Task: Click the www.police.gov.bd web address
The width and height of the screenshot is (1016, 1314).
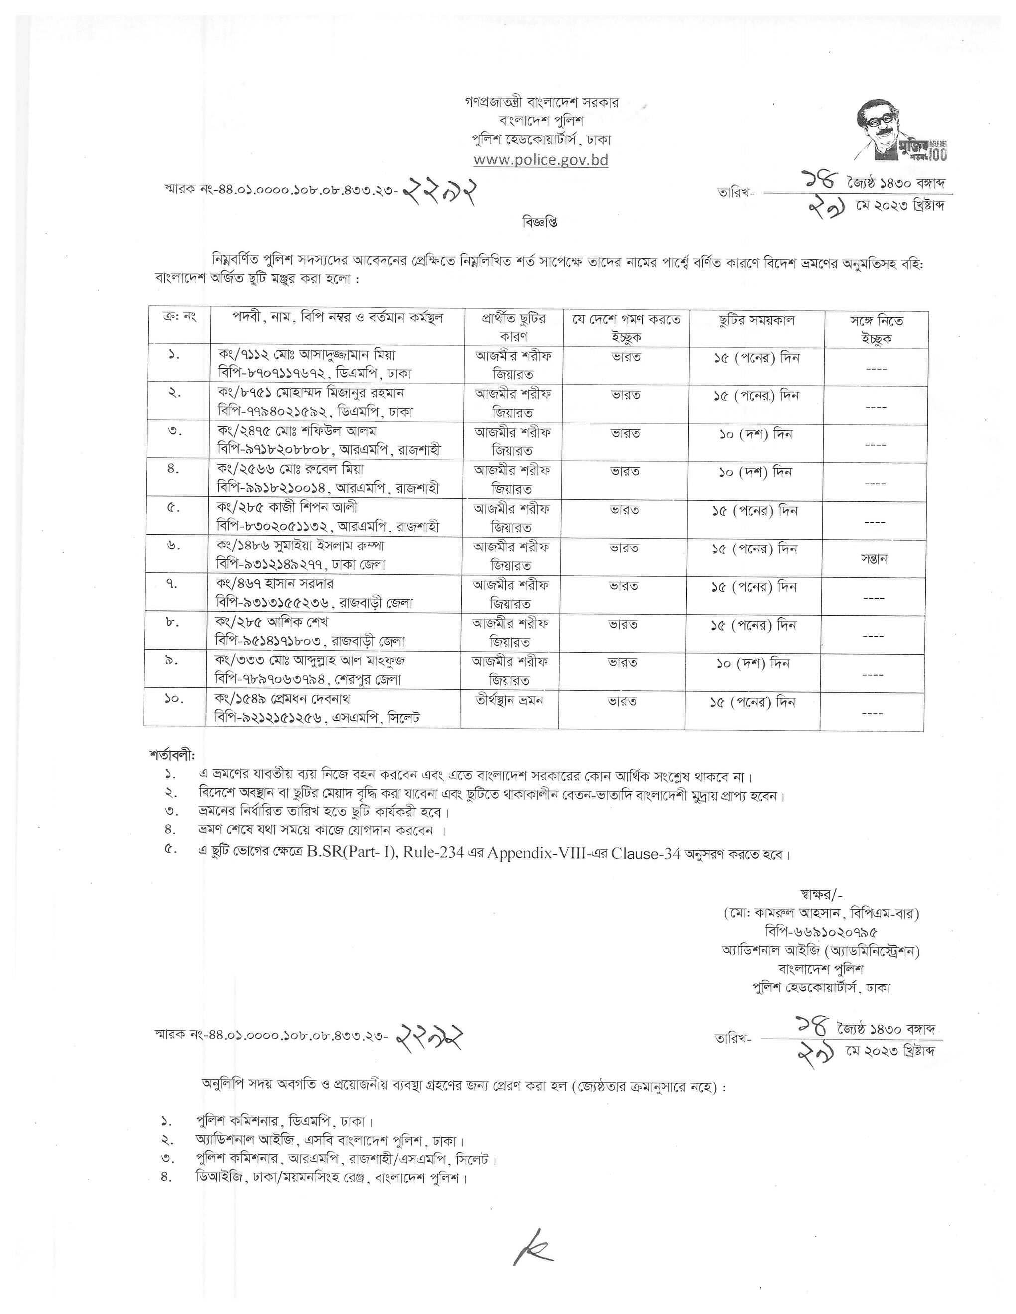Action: [x=540, y=159]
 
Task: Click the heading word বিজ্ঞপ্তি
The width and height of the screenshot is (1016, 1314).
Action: [x=540, y=222]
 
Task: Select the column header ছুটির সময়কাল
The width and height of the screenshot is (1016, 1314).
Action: [x=757, y=320]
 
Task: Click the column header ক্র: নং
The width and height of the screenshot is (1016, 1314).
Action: [x=179, y=317]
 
